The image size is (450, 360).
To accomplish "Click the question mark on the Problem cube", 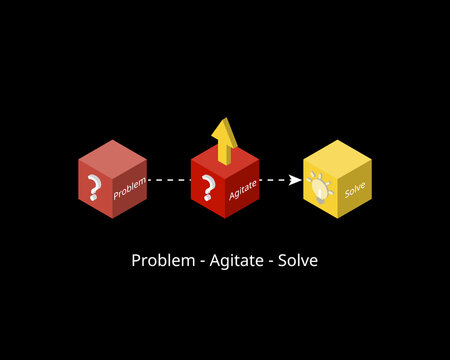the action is point(95,187).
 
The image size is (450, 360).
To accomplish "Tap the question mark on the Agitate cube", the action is point(208,187).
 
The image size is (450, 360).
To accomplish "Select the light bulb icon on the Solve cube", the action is point(320,186).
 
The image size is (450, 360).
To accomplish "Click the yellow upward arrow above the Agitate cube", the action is point(225,137).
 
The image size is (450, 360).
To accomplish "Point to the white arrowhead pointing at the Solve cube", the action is point(295,180).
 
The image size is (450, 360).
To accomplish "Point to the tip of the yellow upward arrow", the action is point(225,119).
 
